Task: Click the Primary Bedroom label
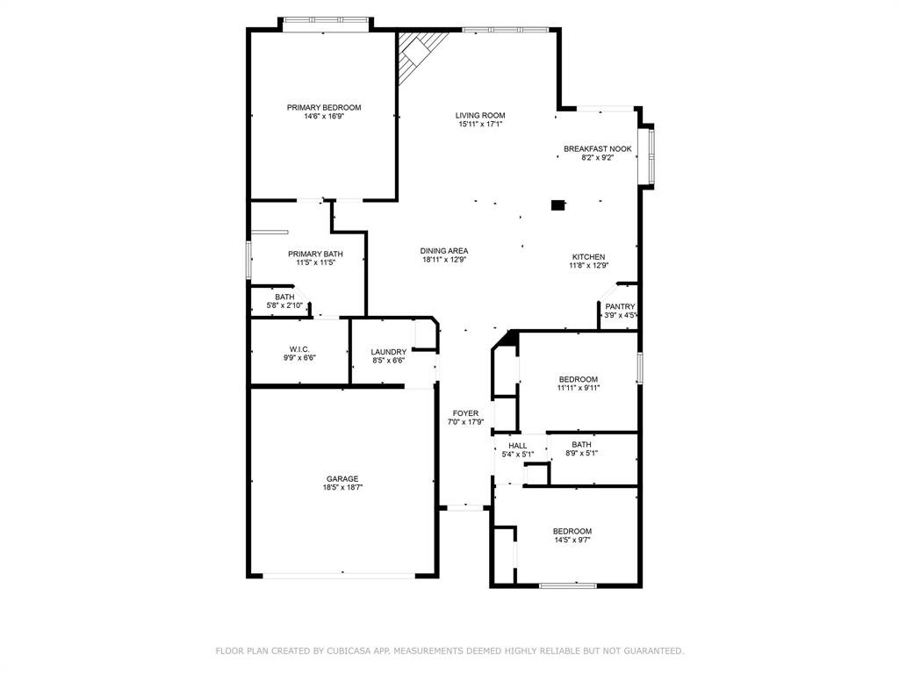(324, 108)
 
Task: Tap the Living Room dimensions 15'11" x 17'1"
(480, 125)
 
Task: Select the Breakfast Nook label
(597, 149)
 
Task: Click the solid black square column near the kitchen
(557, 204)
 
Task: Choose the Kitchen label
(589, 257)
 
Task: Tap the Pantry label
(621, 306)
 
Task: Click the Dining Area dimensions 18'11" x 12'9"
(444, 260)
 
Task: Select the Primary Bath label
(315, 255)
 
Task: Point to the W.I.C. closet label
(299, 349)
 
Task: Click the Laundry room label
(389, 352)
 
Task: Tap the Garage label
(343, 479)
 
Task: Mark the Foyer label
(465, 413)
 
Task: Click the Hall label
(518, 446)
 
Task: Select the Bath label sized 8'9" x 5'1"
(581, 445)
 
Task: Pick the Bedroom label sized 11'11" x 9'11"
(579, 379)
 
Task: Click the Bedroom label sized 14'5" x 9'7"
(572, 531)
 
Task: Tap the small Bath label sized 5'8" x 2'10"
(284, 297)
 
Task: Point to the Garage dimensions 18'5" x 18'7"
(343, 488)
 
